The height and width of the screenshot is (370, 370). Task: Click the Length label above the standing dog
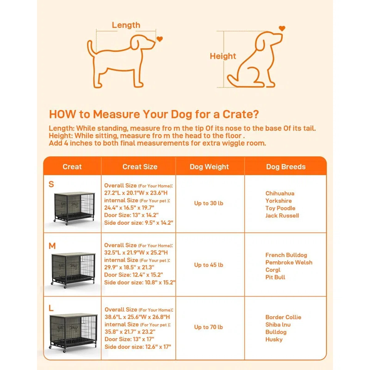125,25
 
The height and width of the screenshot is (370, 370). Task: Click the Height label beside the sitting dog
223,56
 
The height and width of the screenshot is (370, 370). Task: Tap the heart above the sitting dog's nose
281,29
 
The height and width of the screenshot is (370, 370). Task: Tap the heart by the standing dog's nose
160,39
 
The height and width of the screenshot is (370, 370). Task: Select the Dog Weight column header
209,166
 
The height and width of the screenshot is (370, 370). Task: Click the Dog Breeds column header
285,166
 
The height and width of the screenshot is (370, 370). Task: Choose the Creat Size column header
140,166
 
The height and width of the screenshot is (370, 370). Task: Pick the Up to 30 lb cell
209,203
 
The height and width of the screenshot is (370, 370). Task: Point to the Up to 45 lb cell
209,265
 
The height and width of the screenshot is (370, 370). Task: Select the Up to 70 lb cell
209,327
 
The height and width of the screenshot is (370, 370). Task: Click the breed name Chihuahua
280,193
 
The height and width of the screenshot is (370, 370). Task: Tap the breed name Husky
274,339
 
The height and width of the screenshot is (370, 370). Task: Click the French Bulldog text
286,255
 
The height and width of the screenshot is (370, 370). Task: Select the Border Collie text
283,317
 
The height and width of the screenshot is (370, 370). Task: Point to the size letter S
51,184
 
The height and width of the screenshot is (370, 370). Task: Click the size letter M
52,246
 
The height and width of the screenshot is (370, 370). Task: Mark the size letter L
51,308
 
